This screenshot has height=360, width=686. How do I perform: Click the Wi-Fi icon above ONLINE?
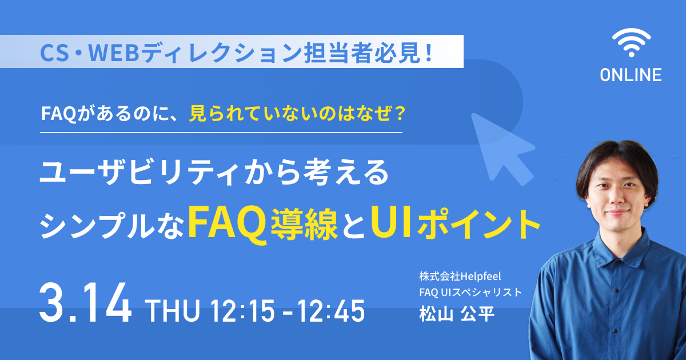(x=631, y=43)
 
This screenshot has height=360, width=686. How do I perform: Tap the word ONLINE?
(x=631, y=75)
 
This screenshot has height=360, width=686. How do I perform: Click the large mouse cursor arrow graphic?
(x=502, y=149)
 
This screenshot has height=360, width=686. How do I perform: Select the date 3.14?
(x=86, y=303)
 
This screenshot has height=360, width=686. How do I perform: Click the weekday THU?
(x=174, y=311)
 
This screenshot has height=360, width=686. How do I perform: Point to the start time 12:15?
(x=242, y=311)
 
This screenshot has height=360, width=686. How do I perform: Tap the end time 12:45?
(x=332, y=311)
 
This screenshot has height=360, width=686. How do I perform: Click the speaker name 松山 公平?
(x=457, y=314)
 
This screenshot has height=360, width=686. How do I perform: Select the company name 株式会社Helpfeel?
(x=460, y=277)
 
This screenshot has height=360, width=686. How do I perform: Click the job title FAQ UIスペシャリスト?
(x=470, y=293)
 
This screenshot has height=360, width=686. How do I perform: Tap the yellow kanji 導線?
(x=304, y=224)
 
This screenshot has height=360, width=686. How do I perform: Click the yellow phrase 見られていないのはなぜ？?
(x=297, y=114)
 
